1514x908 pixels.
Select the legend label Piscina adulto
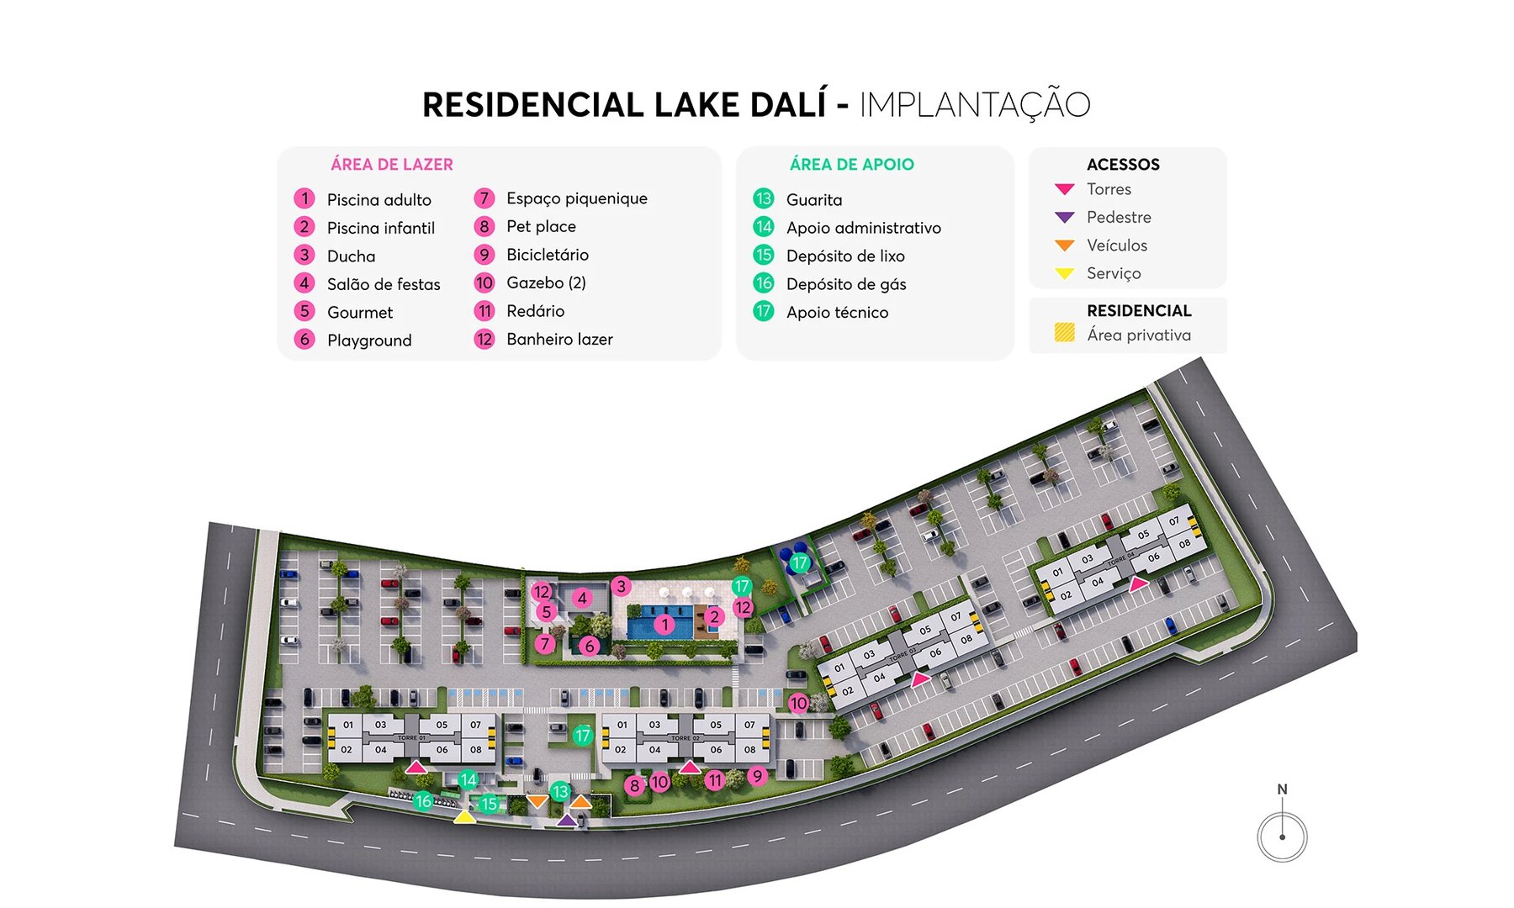coord(378,200)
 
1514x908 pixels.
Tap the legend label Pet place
coord(541,227)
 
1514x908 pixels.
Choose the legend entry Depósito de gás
coord(845,284)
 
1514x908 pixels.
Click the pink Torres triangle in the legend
coord(1064,189)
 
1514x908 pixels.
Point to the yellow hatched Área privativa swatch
coord(1064,334)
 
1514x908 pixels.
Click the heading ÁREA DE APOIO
coord(851,165)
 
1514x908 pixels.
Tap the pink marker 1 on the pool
coord(664,625)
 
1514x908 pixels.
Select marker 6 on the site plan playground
coord(589,646)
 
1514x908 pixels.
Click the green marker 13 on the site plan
coord(559,791)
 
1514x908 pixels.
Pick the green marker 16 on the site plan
coord(423,801)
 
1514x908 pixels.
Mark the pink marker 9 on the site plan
coord(757,776)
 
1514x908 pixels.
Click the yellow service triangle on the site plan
coord(463,816)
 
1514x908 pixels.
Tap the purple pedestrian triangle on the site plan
coord(567,820)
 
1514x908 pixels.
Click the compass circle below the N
coord(1282,837)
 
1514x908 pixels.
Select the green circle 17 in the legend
coord(763,312)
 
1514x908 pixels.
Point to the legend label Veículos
coord(1116,245)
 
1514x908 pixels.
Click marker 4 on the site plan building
coord(582,599)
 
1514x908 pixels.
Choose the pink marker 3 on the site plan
coord(621,586)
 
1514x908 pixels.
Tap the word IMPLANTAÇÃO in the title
coord(974,105)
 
